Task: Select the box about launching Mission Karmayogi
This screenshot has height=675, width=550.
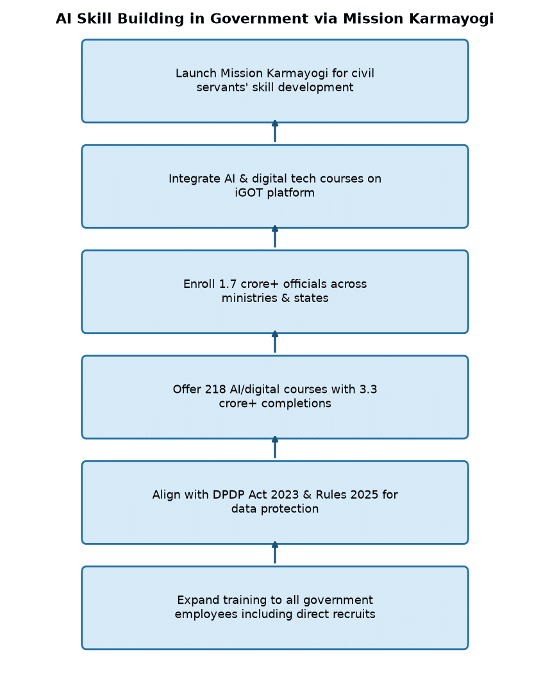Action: [275, 81]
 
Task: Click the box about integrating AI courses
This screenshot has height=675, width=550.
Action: [275, 187]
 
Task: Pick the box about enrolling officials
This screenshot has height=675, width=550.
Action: [275, 292]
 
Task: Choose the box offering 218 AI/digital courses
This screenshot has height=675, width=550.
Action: [275, 397]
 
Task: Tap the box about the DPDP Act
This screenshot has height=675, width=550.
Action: [275, 503]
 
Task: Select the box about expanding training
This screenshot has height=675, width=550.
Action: [275, 608]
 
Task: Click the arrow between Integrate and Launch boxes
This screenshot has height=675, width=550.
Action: [275, 131]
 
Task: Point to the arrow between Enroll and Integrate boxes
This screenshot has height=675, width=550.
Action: [275, 237]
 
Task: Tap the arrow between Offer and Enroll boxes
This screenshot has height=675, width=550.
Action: [275, 342]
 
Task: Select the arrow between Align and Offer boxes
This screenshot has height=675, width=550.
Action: [275, 447]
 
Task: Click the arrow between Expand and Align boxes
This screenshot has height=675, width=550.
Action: [275, 553]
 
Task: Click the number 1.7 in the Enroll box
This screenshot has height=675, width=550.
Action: [228, 284]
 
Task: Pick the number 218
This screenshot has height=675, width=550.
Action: [215, 389]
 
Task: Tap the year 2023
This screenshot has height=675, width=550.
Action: [285, 495]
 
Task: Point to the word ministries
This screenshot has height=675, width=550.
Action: [249, 298]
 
